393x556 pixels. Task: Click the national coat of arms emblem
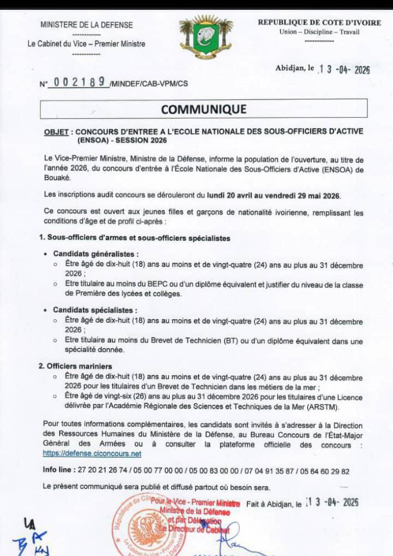coord(206,37)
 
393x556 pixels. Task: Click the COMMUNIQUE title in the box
coord(204,109)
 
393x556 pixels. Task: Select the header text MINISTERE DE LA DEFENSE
coord(86,25)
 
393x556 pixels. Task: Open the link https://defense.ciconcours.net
coord(92,453)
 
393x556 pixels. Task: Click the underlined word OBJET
coord(57,132)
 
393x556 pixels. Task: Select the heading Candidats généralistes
coord(96,254)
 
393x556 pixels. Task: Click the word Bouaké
coord(57,177)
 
